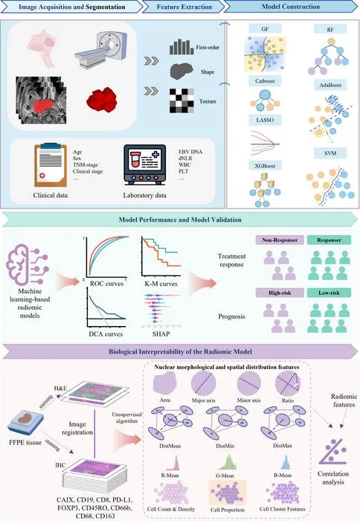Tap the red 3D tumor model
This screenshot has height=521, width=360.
coord(102,100)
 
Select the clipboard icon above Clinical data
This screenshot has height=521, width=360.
coord(51,165)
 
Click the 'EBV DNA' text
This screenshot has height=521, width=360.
coord(190,152)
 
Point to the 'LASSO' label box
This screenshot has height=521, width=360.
coord(265,120)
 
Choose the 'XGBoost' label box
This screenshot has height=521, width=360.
coord(265,165)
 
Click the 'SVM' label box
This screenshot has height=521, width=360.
coord(330,153)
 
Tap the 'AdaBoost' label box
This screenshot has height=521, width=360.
coord(330,85)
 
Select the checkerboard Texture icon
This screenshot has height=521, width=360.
coord(181,100)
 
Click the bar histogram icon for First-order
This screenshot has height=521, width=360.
coord(181,47)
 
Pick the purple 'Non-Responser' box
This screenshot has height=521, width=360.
coord(280,240)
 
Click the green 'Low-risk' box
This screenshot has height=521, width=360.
coord(329,293)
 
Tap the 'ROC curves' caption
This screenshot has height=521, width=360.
coord(106,284)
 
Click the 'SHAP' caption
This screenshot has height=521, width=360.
coord(161,334)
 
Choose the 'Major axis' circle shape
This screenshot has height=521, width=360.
coord(203,383)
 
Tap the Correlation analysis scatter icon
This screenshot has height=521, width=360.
coord(332,451)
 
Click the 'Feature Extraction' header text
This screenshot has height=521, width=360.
coord(184,7)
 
